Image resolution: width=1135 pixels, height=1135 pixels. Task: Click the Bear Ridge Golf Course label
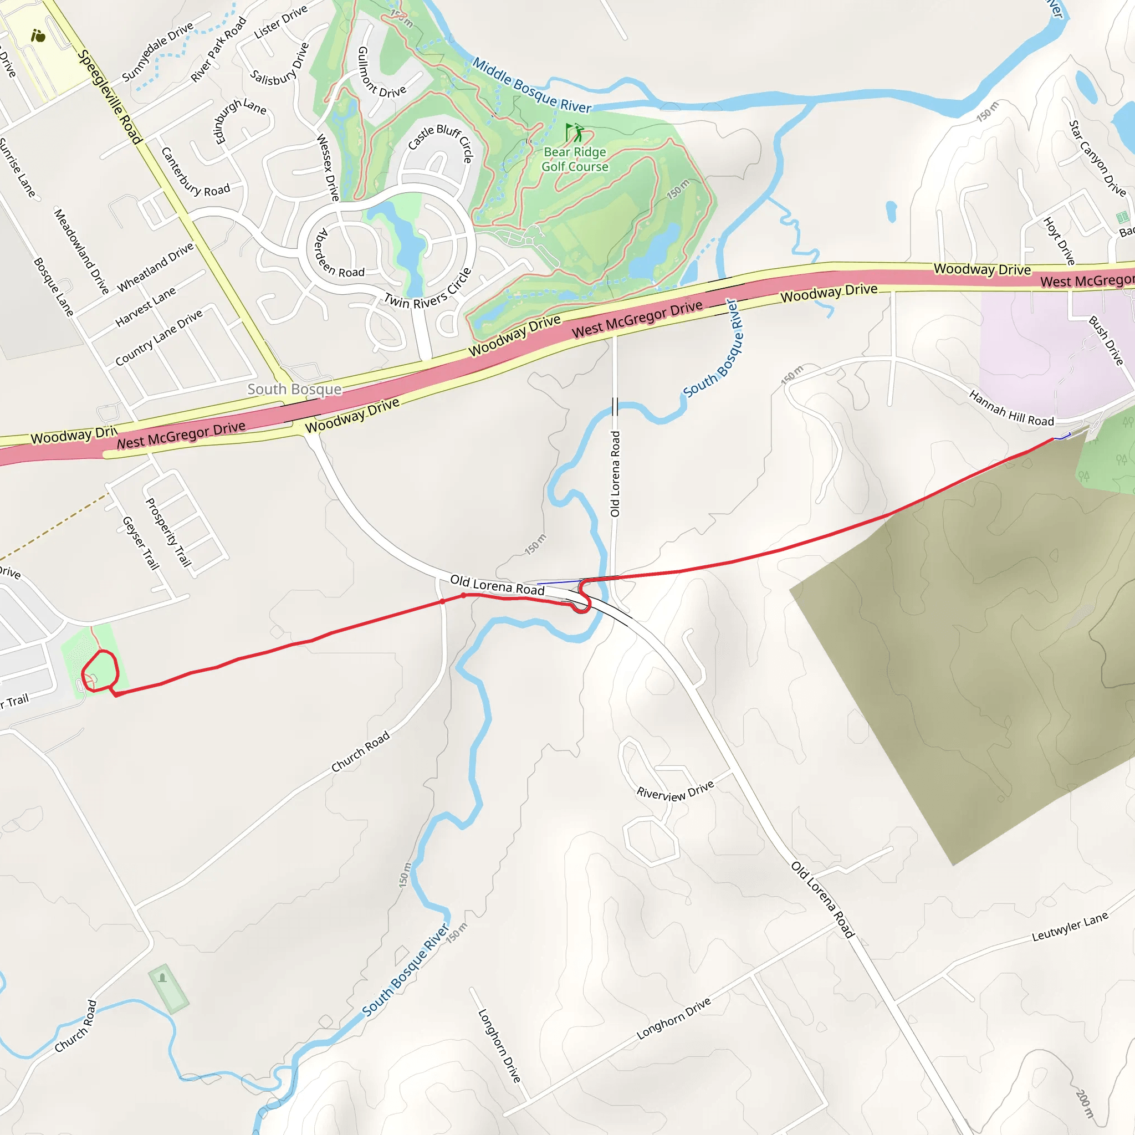click(x=575, y=159)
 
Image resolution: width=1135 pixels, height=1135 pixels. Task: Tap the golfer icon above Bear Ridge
click(x=575, y=132)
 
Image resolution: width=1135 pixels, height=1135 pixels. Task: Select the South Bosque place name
click(x=294, y=389)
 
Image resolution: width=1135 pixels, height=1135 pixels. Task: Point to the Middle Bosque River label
click(x=531, y=86)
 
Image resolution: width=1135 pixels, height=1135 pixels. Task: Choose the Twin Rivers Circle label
click(x=428, y=290)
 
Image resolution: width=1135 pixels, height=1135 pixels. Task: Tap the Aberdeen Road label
click(x=340, y=254)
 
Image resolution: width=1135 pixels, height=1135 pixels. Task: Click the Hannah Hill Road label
click(x=1011, y=408)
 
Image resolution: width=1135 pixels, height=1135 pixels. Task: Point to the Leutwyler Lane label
click(x=1070, y=927)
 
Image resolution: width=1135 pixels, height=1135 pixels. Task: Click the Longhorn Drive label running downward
click(x=499, y=1046)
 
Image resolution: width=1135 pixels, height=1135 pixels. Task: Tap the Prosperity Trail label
click(x=168, y=532)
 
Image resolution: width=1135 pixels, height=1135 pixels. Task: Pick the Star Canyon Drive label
click(x=1097, y=158)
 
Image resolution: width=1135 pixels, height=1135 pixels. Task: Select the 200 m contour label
click(x=1085, y=1104)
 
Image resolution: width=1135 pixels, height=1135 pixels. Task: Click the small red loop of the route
click(x=100, y=671)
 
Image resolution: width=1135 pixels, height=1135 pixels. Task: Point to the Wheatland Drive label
click(x=155, y=267)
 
